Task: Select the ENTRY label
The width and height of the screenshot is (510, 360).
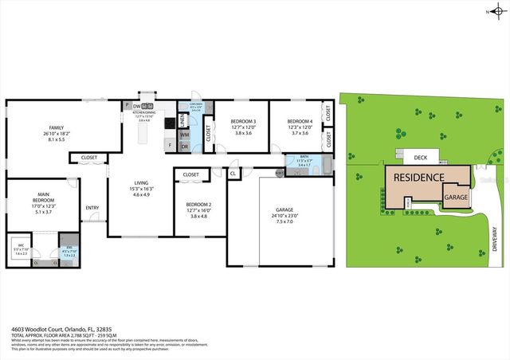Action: pyautogui.click(x=93, y=208)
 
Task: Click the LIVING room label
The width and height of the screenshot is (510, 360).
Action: pyautogui.click(x=141, y=182)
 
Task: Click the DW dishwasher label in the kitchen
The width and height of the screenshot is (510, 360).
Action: pyautogui.click(x=137, y=106)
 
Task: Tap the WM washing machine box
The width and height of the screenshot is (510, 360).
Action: pyautogui.click(x=184, y=135)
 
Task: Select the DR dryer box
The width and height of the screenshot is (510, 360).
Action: pyautogui.click(x=184, y=146)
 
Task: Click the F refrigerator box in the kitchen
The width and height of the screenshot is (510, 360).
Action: pyautogui.click(x=169, y=145)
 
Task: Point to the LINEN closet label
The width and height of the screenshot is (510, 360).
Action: pyautogui.click(x=182, y=120)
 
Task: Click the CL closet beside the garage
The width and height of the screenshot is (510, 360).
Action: pyautogui.click(x=233, y=172)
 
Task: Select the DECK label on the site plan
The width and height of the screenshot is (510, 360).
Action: pyautogui.click(x=420, y=157)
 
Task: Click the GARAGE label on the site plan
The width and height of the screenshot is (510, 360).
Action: pyautogui.click(x=455, y=197)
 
